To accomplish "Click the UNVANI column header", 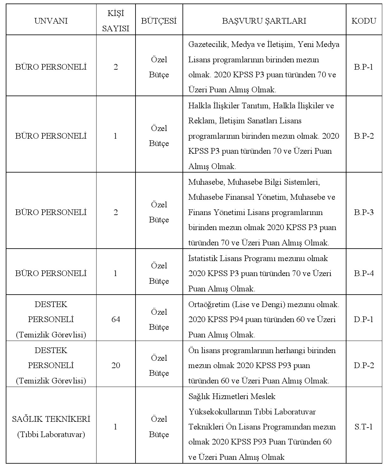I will point(51,21).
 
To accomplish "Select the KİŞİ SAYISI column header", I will point(115,21).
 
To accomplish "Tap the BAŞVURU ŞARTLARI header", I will point(264,21).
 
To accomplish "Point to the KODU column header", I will point(364,21).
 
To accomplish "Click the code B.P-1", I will point(364,67).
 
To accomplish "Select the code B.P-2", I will point(364,136).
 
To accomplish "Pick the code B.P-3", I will point(364,212).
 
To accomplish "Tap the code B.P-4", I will point(364,274).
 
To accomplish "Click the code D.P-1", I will point(364,320).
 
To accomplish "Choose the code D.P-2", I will point(364,366).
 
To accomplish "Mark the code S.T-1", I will point(364,427).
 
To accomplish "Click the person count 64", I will point(116,320).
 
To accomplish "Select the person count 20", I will point(116,366).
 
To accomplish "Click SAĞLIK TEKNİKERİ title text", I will point(51,419).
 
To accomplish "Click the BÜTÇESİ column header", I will point(159,21).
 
